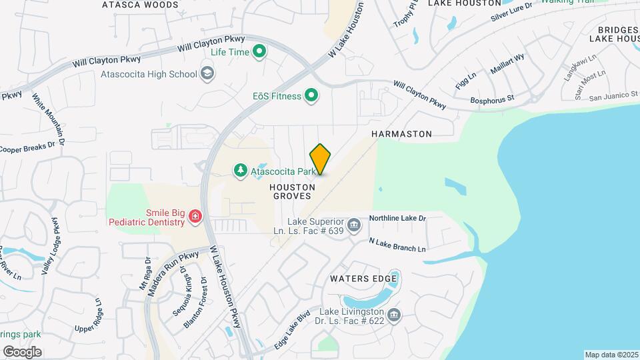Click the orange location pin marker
(x=321, y=159)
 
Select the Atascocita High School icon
(x=207, y=73)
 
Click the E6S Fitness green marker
(x=311, y=96)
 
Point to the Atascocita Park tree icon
(x=240, y=171)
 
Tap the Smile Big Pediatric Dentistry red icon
(x=195, y=216)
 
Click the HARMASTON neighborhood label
(x=401, y=134)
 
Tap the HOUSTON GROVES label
(x=291, y=192)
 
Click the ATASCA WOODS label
(x=140, y=5)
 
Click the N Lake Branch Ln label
(x=397, y=245)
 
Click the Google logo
(x=22, y=351)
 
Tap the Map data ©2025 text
(x=610, y=355)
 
